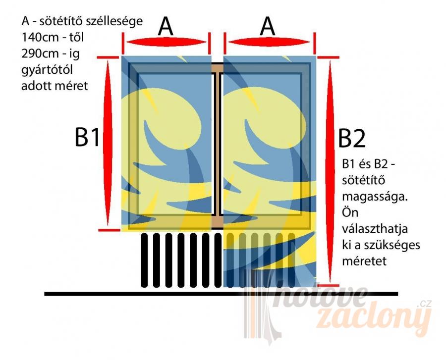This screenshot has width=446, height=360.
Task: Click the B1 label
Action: [x=87, y=137]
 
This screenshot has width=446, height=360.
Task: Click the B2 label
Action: [x=352, y=139]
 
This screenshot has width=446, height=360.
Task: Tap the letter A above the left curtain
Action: [x=166, y=26]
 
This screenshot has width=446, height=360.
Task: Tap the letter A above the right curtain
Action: [x=268, y=26]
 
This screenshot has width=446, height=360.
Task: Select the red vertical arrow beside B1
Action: [x=108, y=143]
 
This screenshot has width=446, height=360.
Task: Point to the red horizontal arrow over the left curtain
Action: [x=167, y=42]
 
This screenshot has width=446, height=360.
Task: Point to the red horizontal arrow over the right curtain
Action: [x=269, y=42]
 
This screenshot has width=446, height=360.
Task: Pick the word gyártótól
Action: [x=47, y=70]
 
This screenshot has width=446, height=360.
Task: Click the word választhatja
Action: [x=375, y=229]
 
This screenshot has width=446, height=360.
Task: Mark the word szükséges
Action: [x=392, y=245]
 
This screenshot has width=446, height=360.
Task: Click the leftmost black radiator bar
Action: [x=144, y=260]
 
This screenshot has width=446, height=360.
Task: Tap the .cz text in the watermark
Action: [x=424, y=304]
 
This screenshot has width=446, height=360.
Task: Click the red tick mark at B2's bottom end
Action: [x=328, y=285]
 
